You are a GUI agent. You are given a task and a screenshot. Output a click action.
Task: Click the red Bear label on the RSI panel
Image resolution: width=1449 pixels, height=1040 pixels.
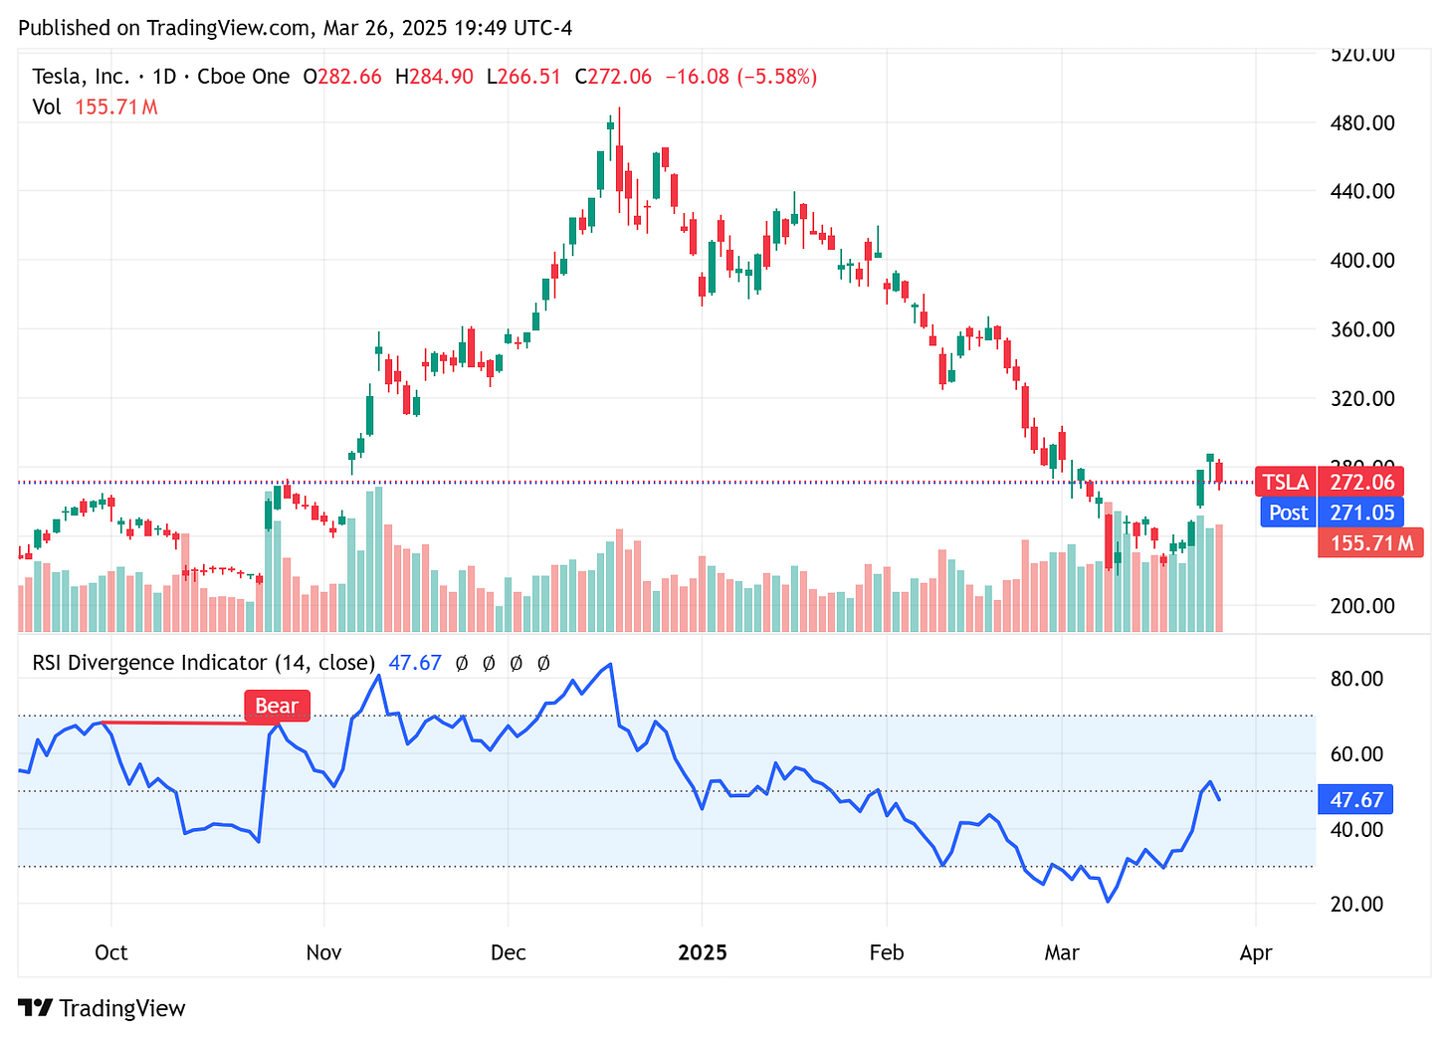click(277, 706)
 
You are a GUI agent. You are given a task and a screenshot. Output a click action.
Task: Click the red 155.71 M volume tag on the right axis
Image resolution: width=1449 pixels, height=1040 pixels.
click(1370, 543)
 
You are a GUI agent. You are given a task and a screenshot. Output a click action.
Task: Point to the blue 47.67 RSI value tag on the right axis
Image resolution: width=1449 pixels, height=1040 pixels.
click(1356, 800)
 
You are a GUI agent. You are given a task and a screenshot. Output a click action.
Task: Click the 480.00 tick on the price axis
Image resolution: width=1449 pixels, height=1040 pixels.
click(1362, 123)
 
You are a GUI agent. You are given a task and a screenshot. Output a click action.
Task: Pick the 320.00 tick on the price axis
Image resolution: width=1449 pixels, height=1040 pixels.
click(1362, 398)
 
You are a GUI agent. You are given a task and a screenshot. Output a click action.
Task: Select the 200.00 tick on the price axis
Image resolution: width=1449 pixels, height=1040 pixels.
click(1362, 605)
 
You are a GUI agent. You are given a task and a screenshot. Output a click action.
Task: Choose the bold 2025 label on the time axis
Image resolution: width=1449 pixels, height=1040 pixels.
click(702, 952)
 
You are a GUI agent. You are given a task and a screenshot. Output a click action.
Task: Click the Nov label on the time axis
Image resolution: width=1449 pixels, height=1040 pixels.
click(323, 952)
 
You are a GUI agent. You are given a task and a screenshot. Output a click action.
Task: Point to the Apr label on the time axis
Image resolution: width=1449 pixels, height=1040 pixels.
click(1256, 952)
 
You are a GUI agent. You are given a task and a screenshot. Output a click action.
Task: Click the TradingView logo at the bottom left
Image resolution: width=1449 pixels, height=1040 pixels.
click(102, 1008)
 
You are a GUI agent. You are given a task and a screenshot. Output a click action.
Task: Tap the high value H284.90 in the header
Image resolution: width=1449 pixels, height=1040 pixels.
click(434, 77)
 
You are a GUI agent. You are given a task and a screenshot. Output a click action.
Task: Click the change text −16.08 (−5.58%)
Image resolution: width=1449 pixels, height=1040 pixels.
click(740, 77)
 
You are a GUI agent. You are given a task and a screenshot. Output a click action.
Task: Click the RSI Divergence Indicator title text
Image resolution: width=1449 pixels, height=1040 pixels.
click(203, 663)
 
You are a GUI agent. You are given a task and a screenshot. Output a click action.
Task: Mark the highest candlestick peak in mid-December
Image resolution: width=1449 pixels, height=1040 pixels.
click(619, 109)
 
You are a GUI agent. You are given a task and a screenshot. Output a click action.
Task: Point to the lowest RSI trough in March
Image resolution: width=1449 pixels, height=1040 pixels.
click(1108, 902)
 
